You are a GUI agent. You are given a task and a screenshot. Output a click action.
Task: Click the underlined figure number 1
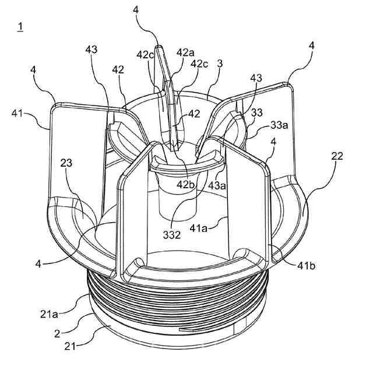point(20,27)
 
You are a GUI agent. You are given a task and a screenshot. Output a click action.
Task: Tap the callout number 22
point(337,156)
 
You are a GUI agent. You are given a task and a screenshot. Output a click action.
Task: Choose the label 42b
point(187,184)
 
